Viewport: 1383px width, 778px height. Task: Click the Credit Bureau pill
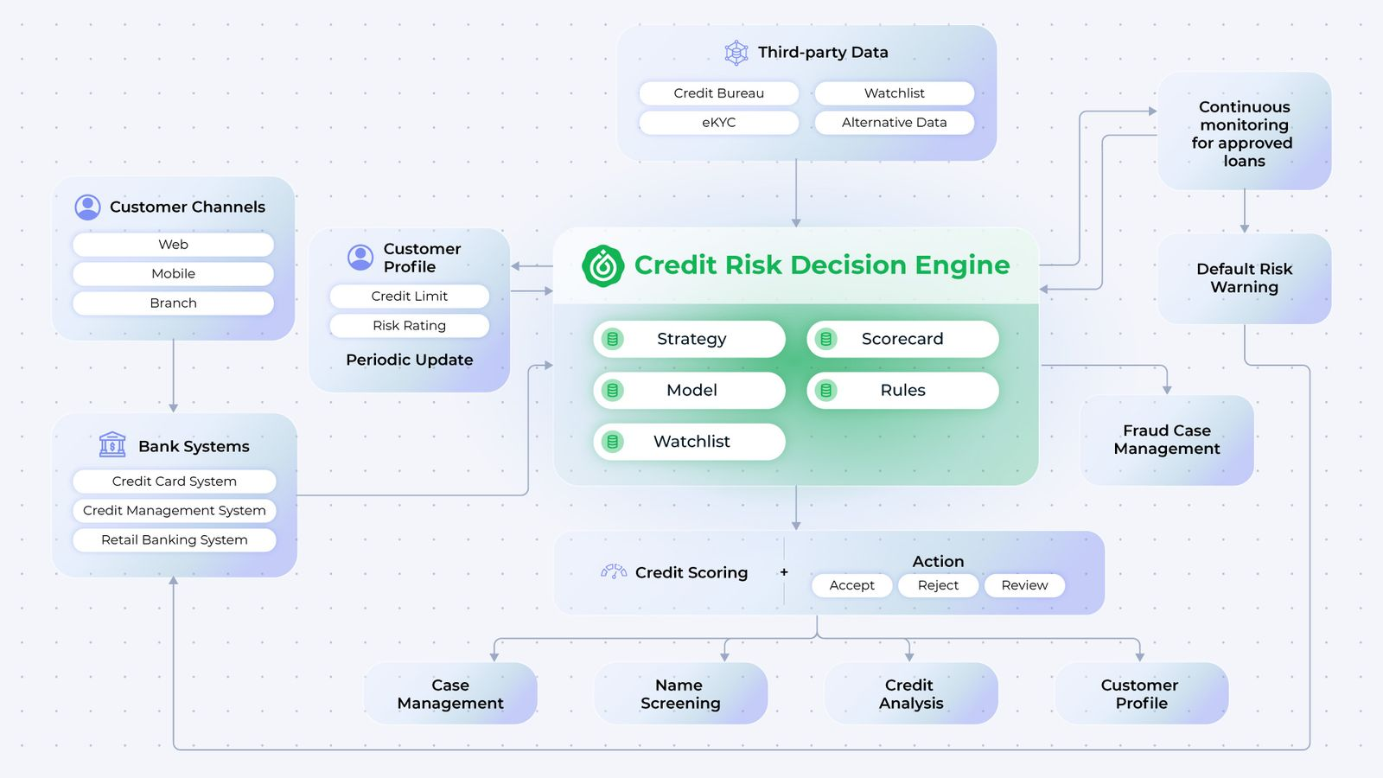pos(718,93)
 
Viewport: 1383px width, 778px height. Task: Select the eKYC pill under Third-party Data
pos(718,123)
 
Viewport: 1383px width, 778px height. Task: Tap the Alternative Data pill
pos(894,123)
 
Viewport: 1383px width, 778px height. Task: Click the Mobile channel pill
pos(173,274)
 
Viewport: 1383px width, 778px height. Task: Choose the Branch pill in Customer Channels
pos(173,303)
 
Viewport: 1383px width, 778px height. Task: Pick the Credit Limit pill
pos(409,297)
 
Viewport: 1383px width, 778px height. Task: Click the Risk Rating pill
pos(409,326)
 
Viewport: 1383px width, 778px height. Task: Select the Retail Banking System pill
pos(174,540)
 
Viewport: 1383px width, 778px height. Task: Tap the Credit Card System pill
pos(174,481)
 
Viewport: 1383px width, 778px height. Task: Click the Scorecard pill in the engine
pos(902,339)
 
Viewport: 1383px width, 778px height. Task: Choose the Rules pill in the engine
pos(902,390)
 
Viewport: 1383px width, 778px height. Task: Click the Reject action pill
pos(938,585)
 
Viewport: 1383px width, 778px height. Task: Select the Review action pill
pos(1024,585)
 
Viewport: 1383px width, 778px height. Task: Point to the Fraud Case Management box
pos(1167,440)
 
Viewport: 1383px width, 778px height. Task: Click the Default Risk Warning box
pos(1244,278)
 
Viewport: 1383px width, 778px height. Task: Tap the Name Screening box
pos(680,694)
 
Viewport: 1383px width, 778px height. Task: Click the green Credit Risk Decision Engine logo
pos(602,265)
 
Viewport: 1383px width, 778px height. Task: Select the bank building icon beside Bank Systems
pos(112,444)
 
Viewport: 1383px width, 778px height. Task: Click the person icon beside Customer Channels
pos(87,207)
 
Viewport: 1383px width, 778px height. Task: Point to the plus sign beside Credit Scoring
pos(784,572)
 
